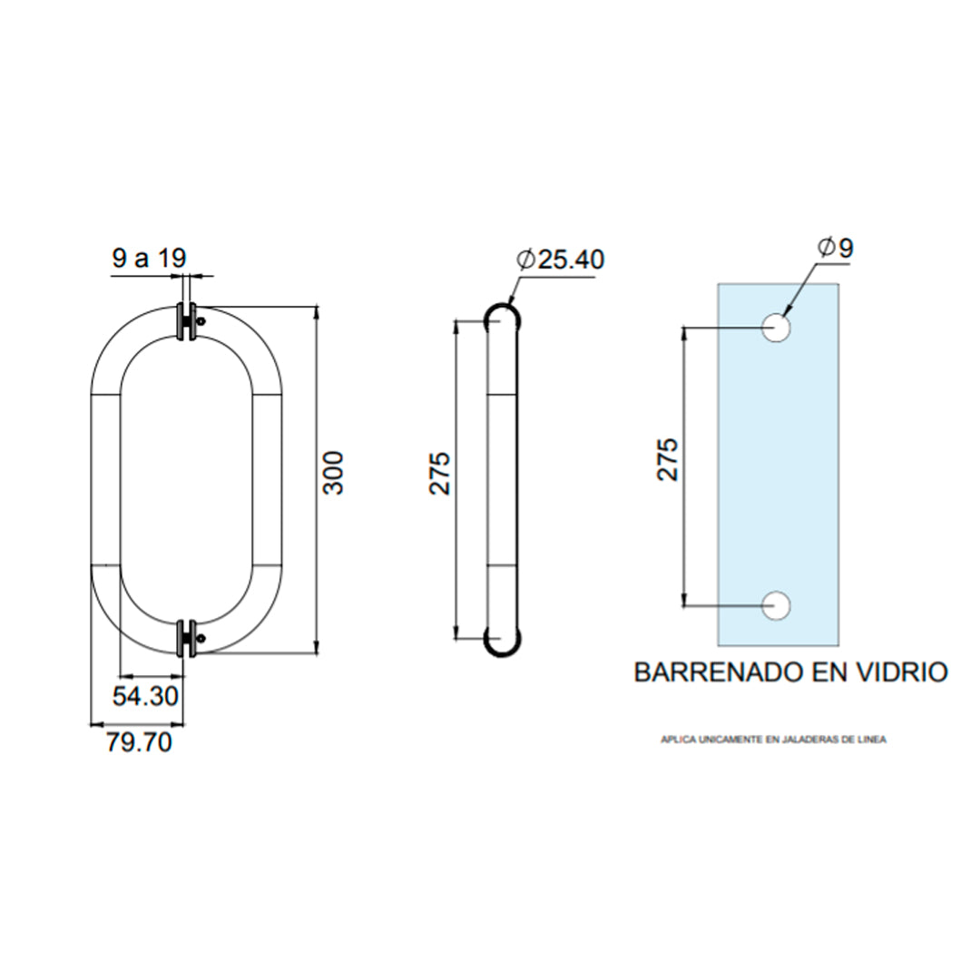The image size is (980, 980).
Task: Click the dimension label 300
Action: (x=335, y=472)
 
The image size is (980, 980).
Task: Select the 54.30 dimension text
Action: (x=145, y=697)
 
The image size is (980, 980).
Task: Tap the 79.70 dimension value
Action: (x=139, y=742)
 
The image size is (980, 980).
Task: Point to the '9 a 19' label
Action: (x=148, y=259)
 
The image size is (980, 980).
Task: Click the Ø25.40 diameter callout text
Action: (x=560, y=260)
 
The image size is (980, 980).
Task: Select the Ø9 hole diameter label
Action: (x=835, y=247)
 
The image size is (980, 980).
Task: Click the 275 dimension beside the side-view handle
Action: (x=440, y=472)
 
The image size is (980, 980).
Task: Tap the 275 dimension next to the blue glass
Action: (x=668, y=459)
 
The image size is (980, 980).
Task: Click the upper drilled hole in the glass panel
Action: (x=777, y=328)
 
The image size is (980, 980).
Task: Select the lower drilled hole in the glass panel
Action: (x=777, y=605)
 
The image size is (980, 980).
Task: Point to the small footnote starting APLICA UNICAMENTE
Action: (x=773, y=740)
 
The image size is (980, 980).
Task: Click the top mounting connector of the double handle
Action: (x=187, y=322)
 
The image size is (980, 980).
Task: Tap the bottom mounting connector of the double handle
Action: (x=187, y=638)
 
